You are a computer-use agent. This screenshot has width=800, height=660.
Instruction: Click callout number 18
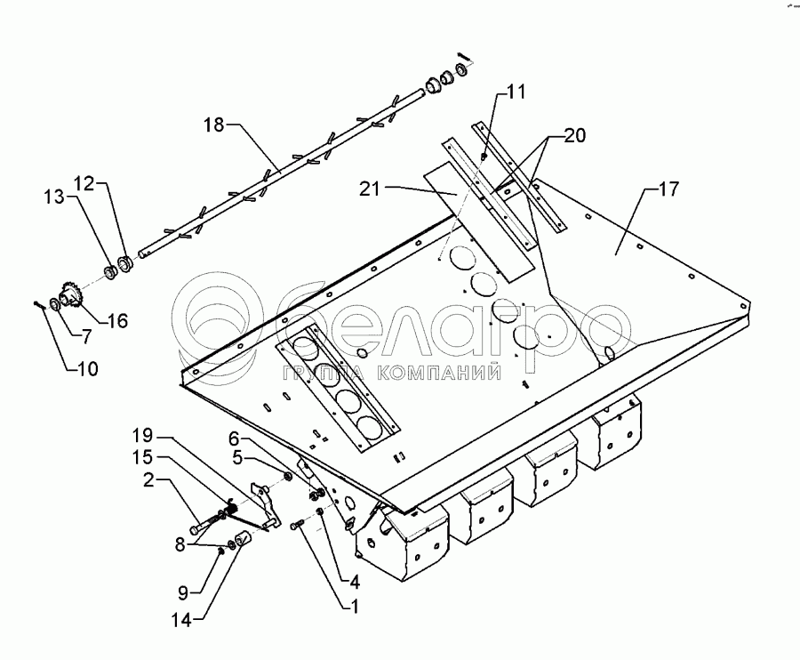(x=215, y=126)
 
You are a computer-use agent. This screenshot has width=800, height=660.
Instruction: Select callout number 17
(x=668, y=189)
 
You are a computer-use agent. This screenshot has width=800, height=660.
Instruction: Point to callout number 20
(x=574, y=135)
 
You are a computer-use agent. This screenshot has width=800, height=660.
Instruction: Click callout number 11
(x=516, y=91)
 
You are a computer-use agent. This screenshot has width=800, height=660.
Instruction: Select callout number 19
(x=143, y=436)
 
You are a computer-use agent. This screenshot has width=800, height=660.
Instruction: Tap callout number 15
(x=143, y=457)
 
